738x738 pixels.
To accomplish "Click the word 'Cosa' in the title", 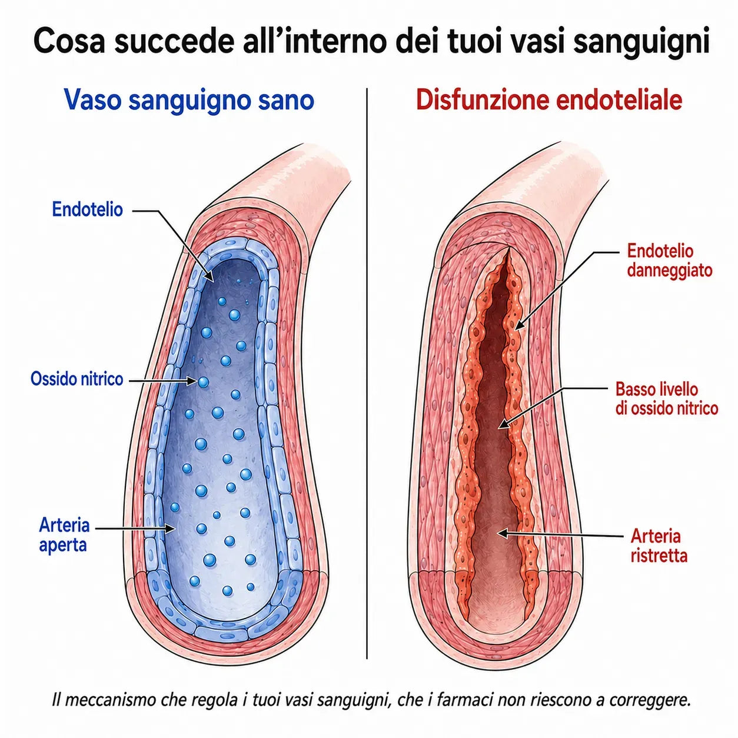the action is coord(69,41).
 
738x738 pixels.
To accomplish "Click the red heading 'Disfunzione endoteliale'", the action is coord(550,100).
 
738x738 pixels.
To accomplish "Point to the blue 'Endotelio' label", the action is coord(87,210).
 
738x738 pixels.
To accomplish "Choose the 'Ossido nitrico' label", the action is coord(77,379).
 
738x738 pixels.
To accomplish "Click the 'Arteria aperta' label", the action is coord(64,535).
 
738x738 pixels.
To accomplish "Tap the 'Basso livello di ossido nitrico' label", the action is coord(666,398).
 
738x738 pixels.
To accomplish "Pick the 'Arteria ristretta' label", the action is coord(659,546).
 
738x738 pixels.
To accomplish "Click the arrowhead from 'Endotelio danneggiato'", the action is coord(519,325).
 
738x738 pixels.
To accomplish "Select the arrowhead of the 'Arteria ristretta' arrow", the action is coord(502,533).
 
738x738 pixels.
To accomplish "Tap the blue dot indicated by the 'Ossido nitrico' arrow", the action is coord(203,381).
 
